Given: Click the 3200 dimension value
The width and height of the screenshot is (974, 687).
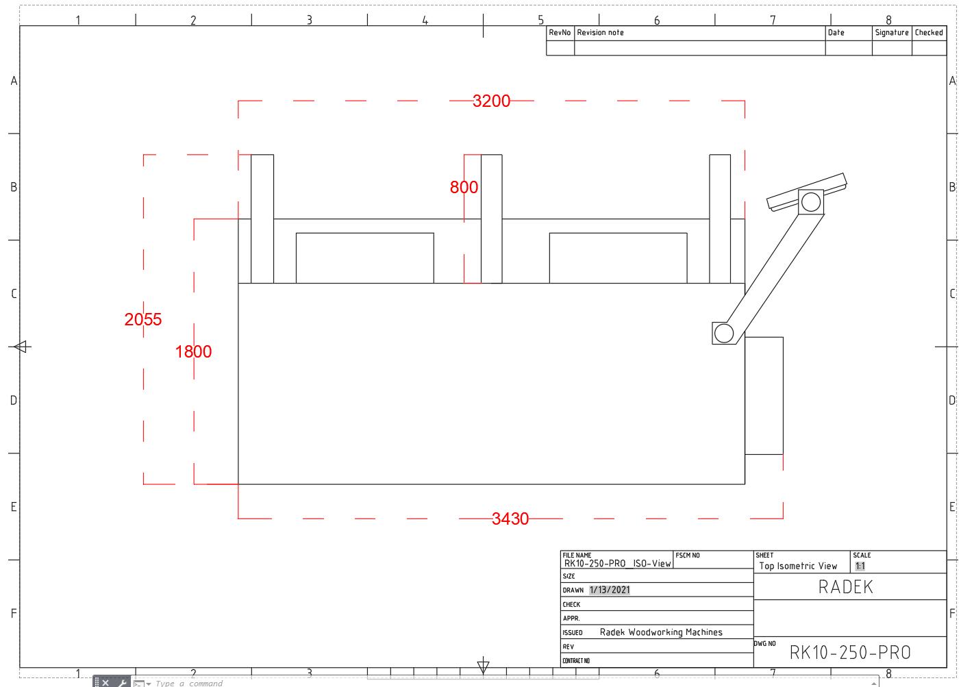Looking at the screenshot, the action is tap(491, 101).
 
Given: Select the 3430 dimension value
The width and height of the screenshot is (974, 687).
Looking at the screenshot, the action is tap(510, 519).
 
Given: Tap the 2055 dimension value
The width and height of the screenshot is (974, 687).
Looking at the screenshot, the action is tap(143, 320).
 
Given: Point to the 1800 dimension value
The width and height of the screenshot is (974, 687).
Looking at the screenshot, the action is tap(193, 352).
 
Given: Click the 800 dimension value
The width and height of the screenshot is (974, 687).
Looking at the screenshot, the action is tap(464, 188).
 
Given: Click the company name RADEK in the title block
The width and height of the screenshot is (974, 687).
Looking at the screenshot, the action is tap(846, 587).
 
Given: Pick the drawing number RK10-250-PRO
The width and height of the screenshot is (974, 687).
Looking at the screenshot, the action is tap(850, 652).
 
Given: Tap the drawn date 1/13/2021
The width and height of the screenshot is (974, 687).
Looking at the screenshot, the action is tap(610, 590).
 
